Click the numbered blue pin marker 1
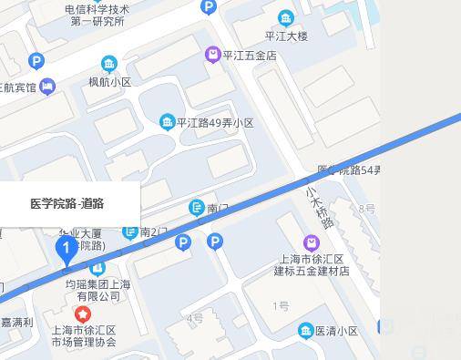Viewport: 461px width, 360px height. [66, 248]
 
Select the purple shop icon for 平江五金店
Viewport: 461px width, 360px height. [213, 55]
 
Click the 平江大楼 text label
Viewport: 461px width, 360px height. [286, 36]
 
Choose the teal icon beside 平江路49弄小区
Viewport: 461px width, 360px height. [167, 122]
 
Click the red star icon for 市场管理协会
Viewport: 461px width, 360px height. [83, 314]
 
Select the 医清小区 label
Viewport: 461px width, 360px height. [336, 331]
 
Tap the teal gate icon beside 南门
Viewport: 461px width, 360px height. [196, 209]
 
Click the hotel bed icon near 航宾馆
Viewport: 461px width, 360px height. [47, 87]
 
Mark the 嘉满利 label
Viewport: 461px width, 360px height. [16, 322]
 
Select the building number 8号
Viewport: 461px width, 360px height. [367, 209]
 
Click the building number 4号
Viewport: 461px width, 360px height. [195, 318]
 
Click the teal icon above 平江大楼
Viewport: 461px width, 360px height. [286, 18]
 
